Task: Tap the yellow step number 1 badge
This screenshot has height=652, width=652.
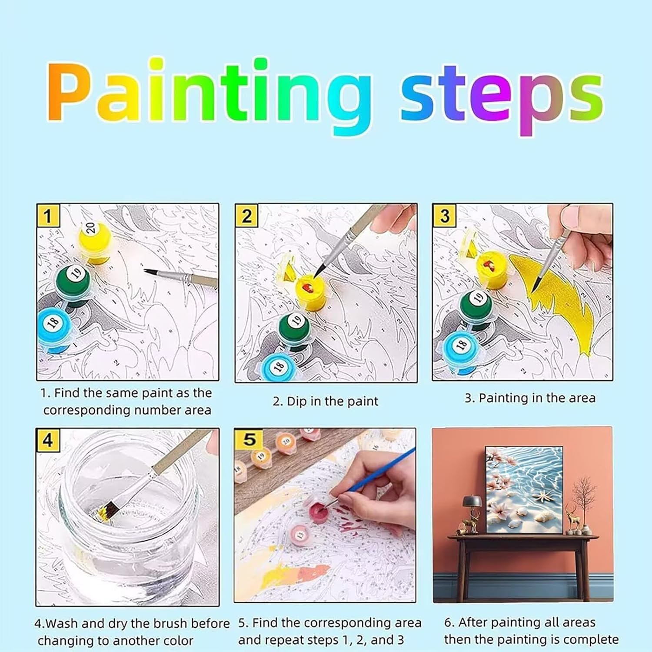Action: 48,216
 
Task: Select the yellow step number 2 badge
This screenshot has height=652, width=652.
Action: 246,216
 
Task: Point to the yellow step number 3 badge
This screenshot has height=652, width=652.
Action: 444,216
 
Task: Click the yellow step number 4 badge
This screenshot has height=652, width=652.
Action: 47,440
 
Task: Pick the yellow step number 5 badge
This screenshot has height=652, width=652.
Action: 249,439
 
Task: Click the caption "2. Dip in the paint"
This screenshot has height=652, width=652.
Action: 326,401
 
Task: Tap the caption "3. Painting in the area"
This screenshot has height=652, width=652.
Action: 530,398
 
